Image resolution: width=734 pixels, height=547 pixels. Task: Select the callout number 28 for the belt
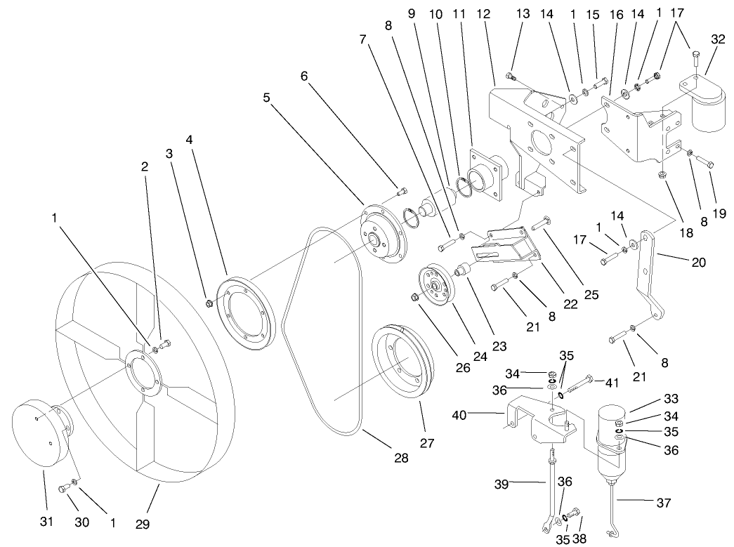coord(401,458)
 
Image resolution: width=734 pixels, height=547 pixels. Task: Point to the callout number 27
coord(426,443)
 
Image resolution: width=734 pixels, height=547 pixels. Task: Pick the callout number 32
coord(718,40)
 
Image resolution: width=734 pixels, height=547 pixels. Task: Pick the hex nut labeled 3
coord(209,303)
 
